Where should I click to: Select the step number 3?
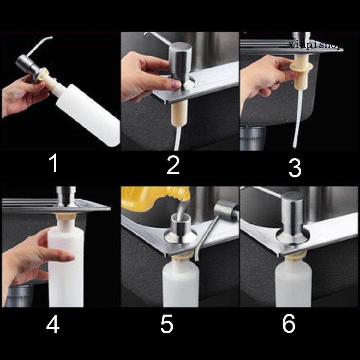[295, 168]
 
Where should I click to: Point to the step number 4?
[53, 324]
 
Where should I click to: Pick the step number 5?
[167, 324]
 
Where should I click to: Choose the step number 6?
[288, 324]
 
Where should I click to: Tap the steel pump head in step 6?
[293, 218]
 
